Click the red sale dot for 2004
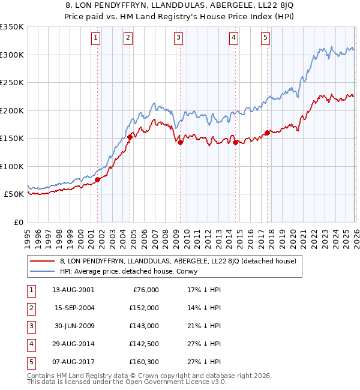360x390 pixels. coord(130,137)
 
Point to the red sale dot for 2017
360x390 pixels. coord(267,133)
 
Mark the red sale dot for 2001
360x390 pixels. coord(97,179)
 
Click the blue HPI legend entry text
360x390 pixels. coord(133,271)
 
